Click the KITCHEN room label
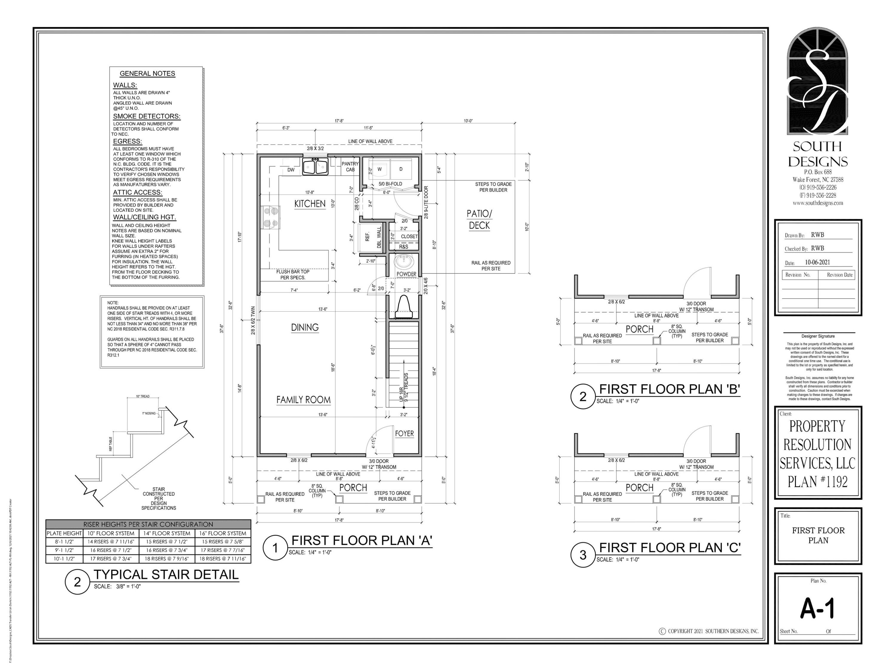pos(310,204)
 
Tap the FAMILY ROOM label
pos(303,400)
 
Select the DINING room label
pos(305,328)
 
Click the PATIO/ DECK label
pos(479,219)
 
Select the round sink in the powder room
pos(404,262)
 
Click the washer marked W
pos(379,169)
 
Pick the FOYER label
pos(404,434)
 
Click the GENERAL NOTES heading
pos(147,74)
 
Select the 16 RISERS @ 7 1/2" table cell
pos(110,550)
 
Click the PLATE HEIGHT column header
pos(64,533)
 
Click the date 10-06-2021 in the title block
pos(817,262)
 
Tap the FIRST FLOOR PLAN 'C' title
pos(670,548)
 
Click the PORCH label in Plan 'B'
pos(639,329)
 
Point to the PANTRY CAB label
pos(350,167)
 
